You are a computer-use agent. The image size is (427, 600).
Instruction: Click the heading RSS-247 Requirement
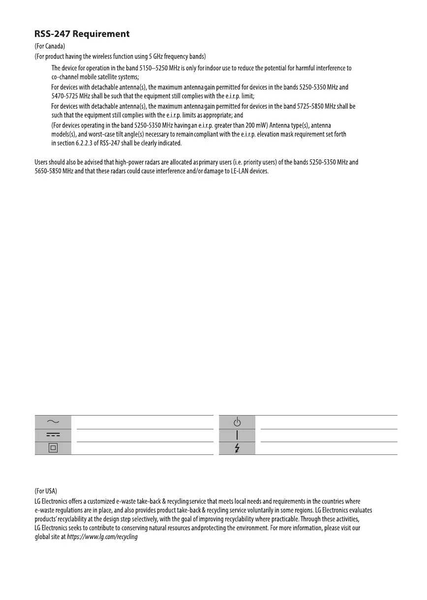click(x=82, y=34)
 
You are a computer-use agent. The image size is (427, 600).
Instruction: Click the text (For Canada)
click(x=50, y=46)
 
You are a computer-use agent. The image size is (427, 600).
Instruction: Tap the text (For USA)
click(x=46, y=491)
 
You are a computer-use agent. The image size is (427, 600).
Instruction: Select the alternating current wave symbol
click(x=53, y=422)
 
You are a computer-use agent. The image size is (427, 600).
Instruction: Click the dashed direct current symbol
click(x=53, y=435)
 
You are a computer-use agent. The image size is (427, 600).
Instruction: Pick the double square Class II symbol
click(x=53, y=448)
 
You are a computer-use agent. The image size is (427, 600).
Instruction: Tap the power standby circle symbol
click(x=237, y=422)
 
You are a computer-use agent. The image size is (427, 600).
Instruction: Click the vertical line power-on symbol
click(x=237, y=435)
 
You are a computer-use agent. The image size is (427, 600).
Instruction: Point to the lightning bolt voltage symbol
click(x=237, y=448)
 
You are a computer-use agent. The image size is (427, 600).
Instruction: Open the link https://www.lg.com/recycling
click(x=102, y=537)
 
